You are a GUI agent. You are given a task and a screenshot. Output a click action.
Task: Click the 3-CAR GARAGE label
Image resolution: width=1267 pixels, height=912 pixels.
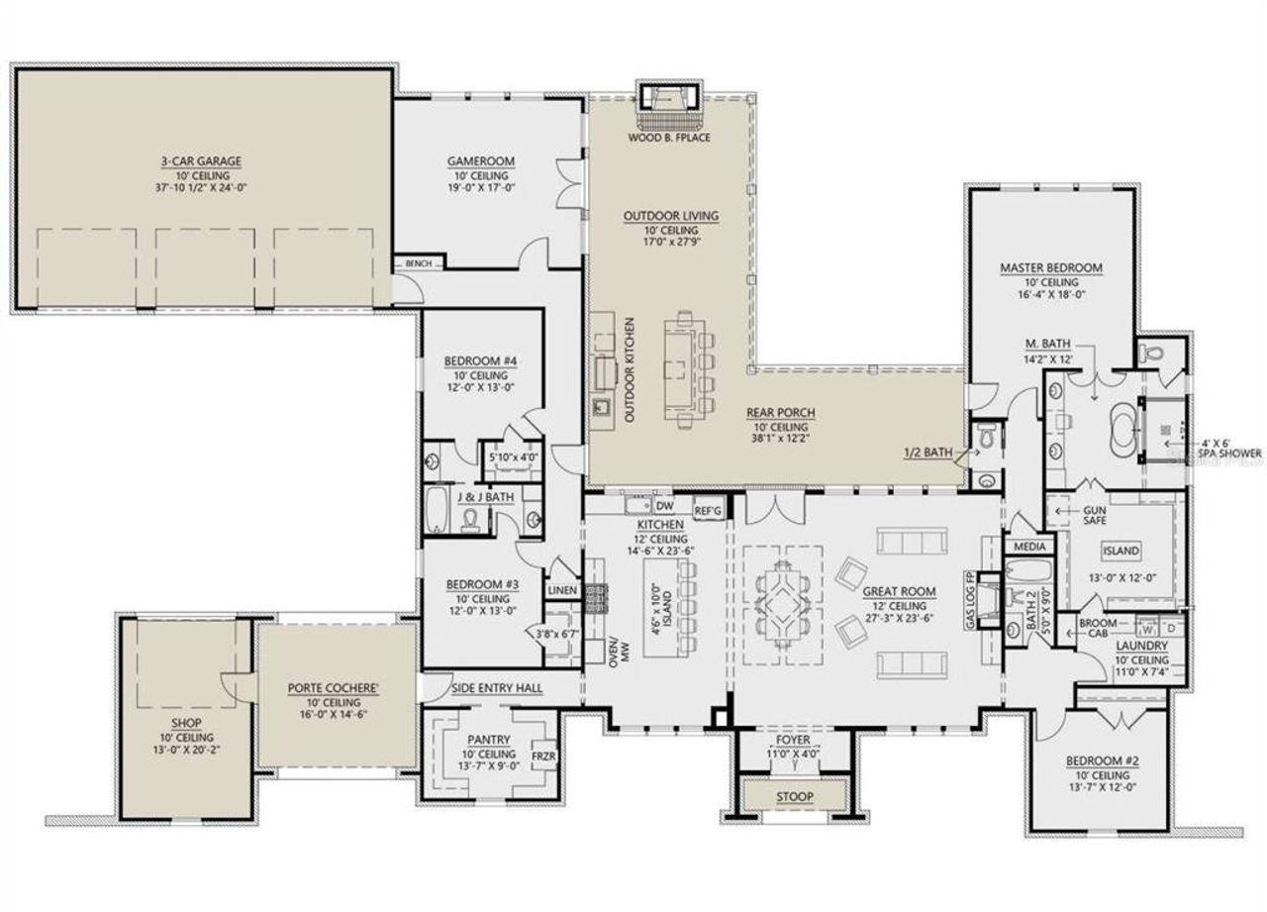(201, 160)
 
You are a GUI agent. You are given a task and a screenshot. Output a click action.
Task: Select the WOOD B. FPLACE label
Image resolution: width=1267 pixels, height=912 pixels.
(670, 139)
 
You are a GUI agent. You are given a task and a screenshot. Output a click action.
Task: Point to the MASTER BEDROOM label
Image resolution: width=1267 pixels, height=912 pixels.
(1050, 267)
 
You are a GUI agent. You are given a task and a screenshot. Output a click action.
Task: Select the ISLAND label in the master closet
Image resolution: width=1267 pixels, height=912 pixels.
(1121, 551)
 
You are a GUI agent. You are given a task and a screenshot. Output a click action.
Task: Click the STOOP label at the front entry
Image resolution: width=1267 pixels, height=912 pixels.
(794, 796)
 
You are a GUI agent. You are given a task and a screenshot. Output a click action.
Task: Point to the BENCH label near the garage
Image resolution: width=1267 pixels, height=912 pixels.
(418, 263)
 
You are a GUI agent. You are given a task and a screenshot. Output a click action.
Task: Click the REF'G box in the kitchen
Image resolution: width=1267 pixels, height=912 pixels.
(708, 509)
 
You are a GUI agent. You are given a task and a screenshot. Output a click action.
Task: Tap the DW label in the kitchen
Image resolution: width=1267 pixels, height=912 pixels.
(665, 505)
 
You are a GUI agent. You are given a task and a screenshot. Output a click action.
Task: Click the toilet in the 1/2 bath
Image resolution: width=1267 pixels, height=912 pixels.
(987, 437)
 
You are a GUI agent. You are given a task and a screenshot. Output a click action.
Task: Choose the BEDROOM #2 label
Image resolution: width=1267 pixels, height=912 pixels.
(1102, 760)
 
